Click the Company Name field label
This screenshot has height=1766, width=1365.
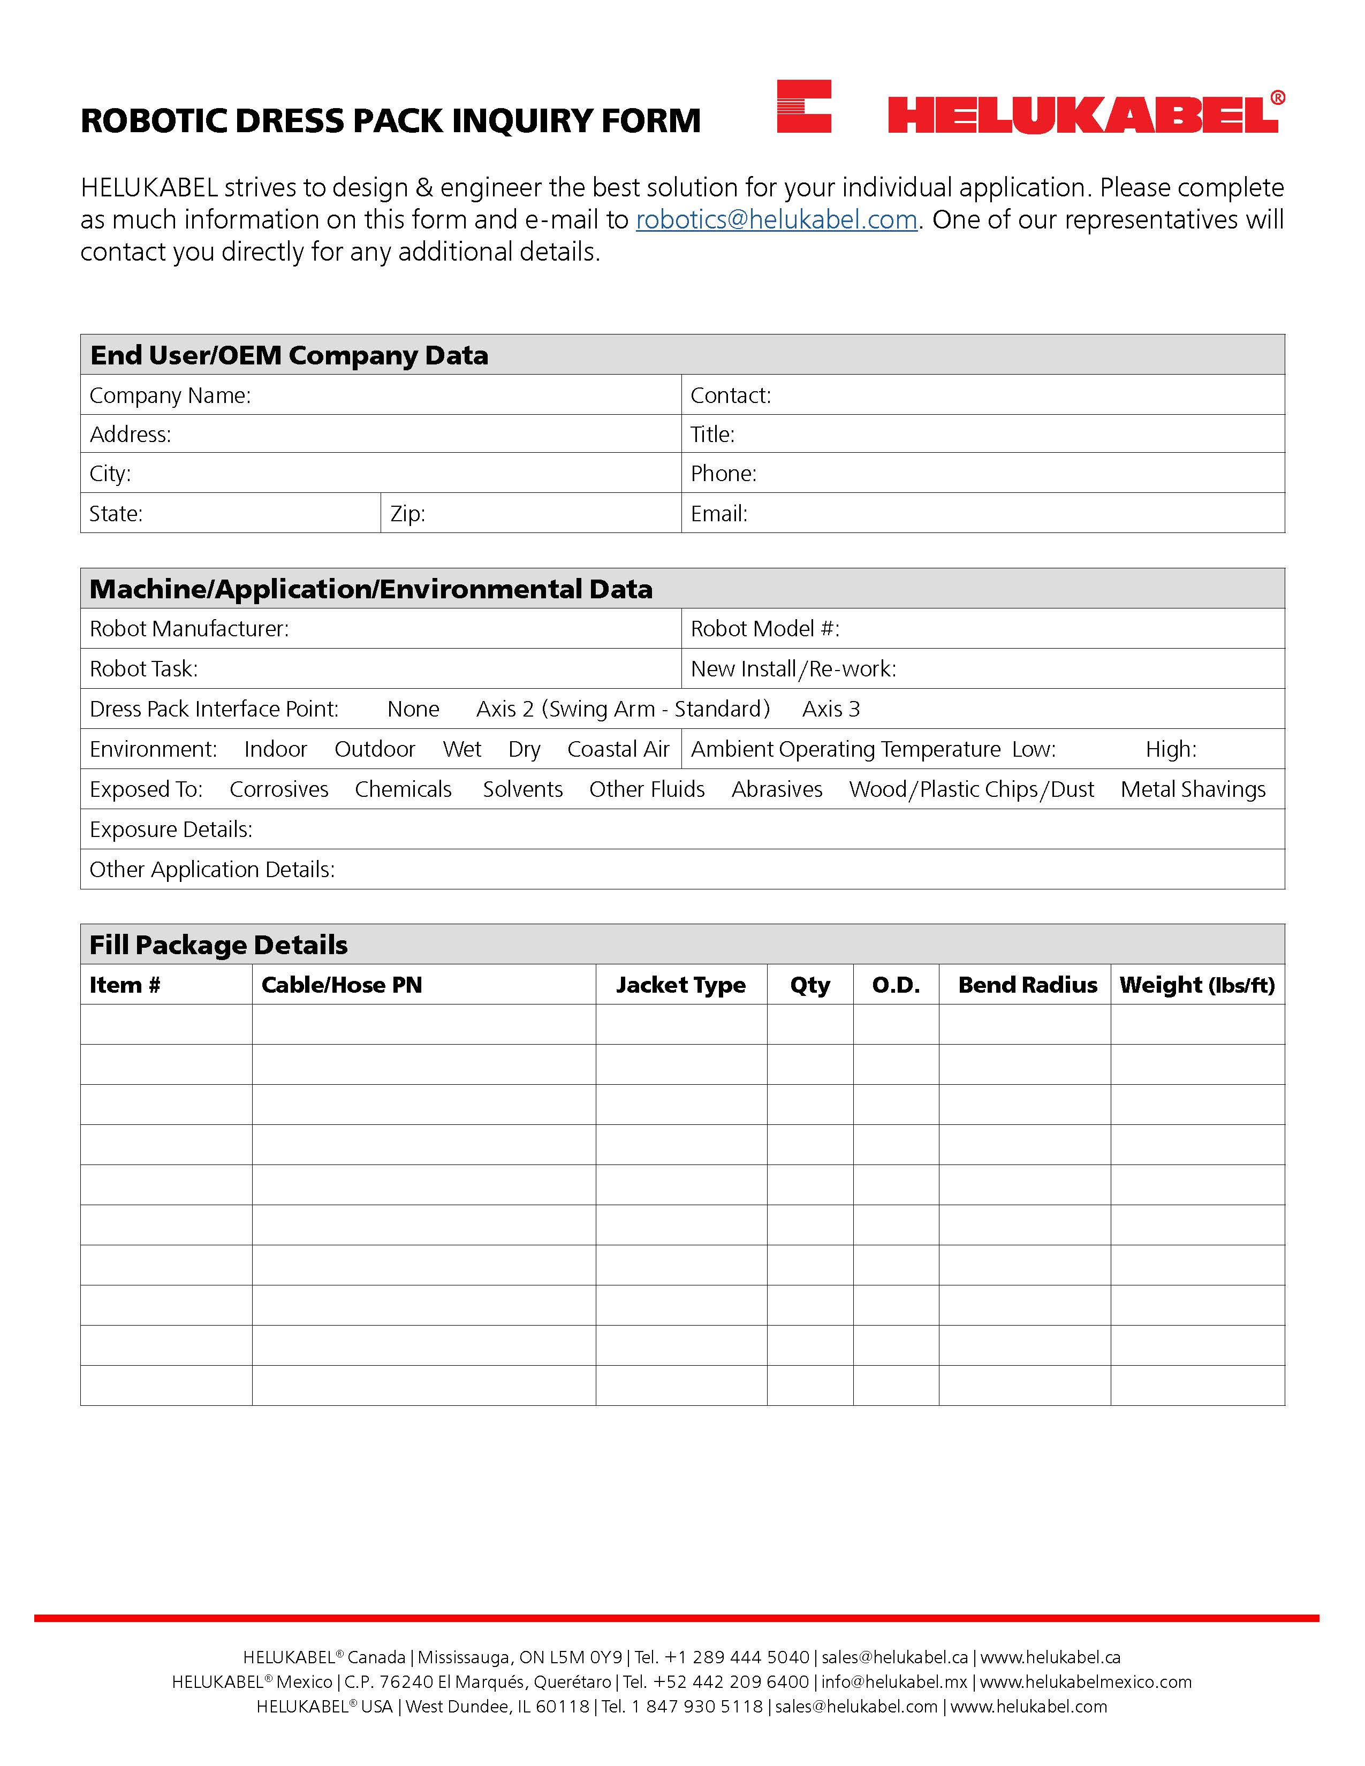click(x=170, y=395)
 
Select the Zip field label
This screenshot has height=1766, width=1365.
click(x=407, y=513)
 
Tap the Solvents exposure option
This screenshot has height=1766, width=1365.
click(x=522, y=789)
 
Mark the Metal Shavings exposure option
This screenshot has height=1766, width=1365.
click(x=1193, y=789)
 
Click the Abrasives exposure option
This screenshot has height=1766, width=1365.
click(x=776, y=789)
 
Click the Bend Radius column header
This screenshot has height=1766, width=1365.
click(x=1027, y=985)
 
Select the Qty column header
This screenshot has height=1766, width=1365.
click(x=809, y=985)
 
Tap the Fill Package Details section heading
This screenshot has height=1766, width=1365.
click(x=218, y=945)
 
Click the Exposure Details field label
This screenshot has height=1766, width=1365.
click(x=171, y=829)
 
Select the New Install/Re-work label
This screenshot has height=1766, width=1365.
click(x=792, y=669)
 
